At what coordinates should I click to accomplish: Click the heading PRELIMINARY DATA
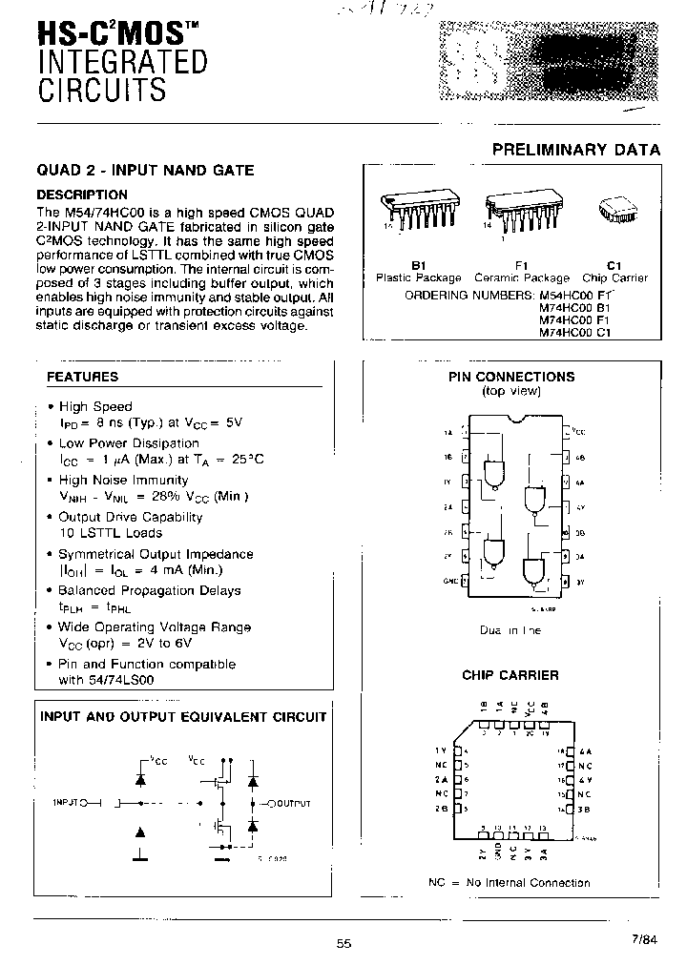pos(575,150)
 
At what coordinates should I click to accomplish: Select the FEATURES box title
pos(83,377)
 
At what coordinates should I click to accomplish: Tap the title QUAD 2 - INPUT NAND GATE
pos(145,171)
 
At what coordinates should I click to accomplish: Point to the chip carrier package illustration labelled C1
pos(614,211)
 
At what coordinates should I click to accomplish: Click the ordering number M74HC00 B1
pos(574,308)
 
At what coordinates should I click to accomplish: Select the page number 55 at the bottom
pos(343,943)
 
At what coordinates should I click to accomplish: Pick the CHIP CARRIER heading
pos(510,675)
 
